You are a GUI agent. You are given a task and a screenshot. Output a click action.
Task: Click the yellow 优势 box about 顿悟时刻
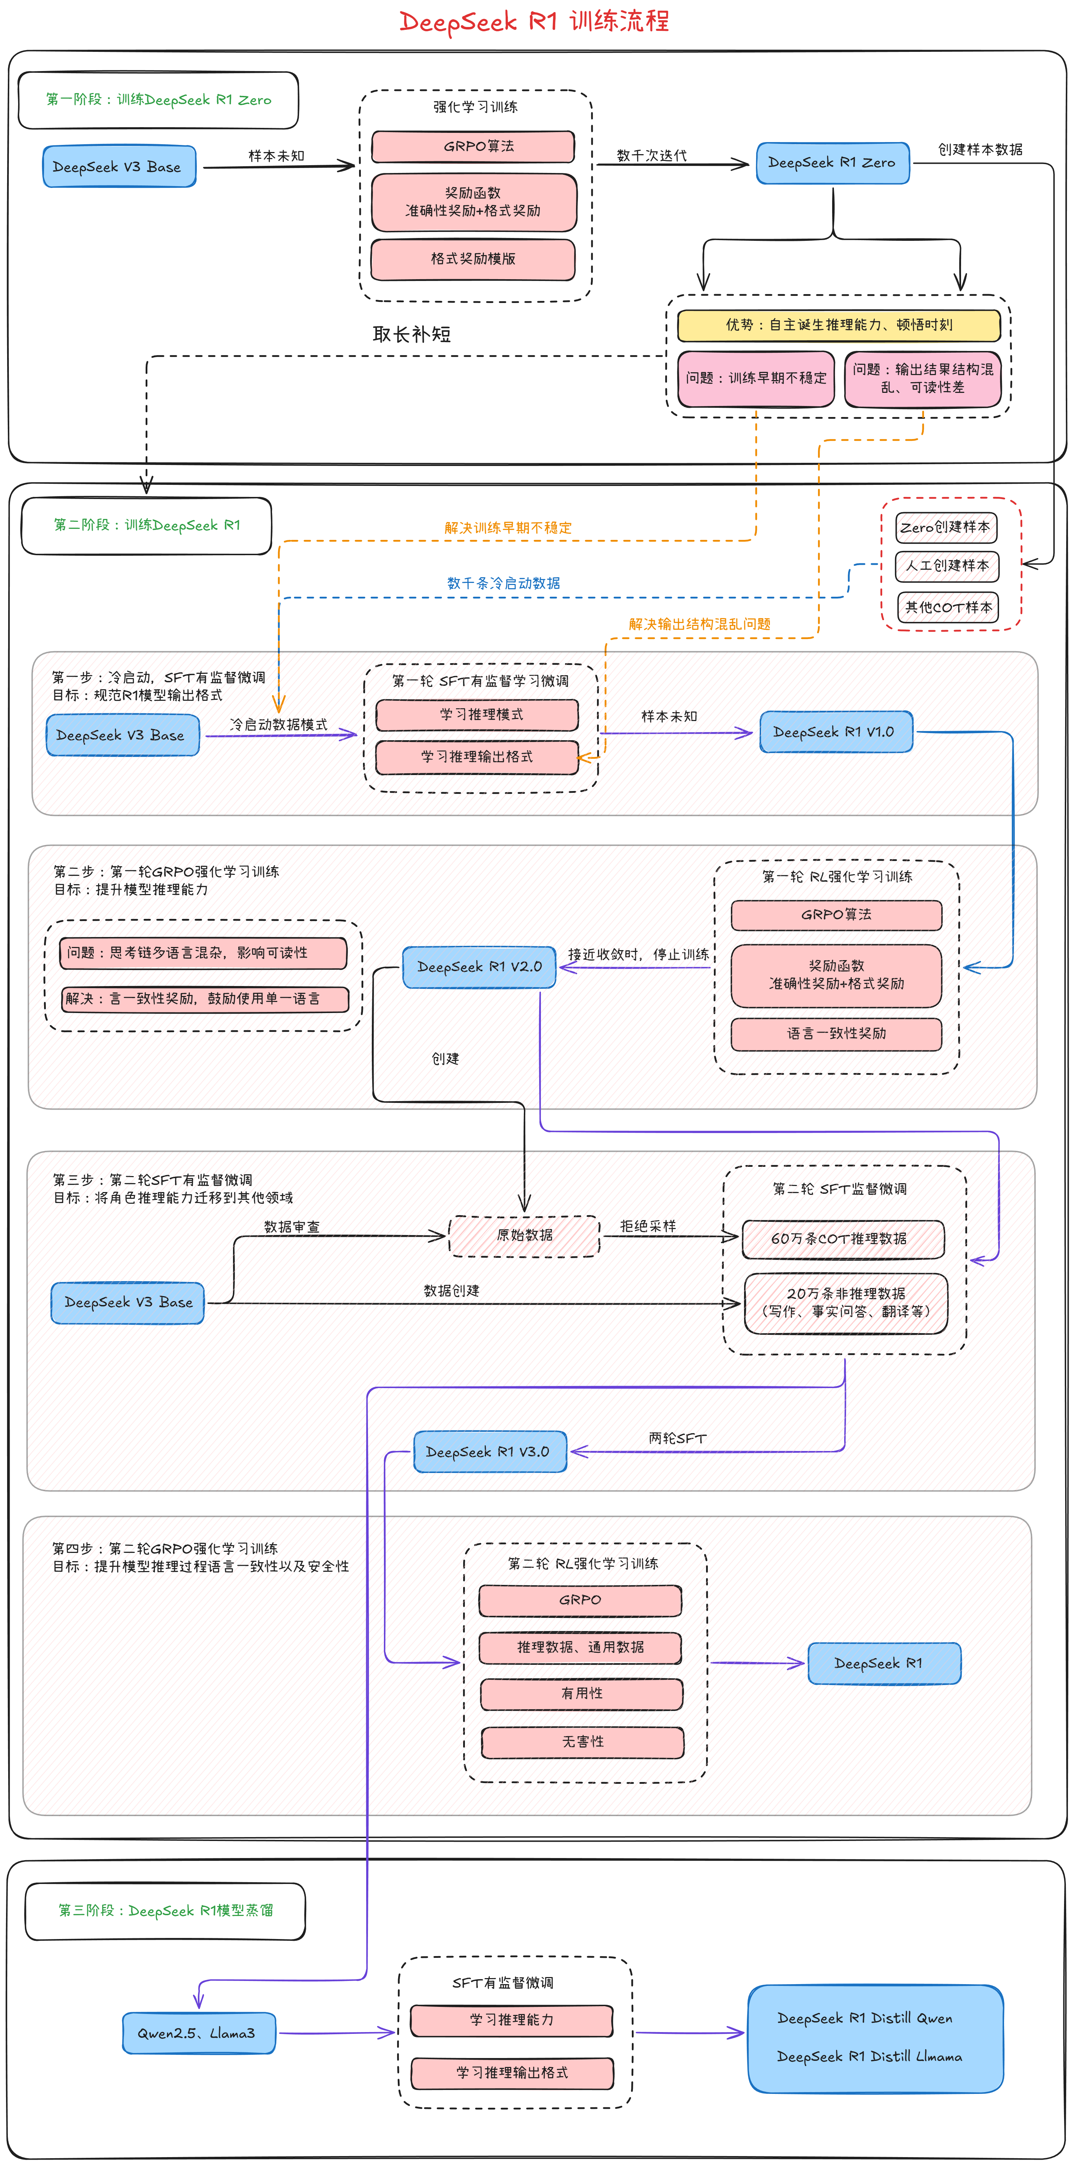click(839, 325)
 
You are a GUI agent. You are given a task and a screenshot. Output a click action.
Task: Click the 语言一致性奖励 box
click(836, 1033)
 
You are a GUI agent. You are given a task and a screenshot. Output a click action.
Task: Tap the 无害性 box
click(582, 1742)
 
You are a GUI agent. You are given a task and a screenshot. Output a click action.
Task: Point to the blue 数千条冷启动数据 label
click(503, 583)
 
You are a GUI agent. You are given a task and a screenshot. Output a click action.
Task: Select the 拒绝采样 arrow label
click(647, 1226)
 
